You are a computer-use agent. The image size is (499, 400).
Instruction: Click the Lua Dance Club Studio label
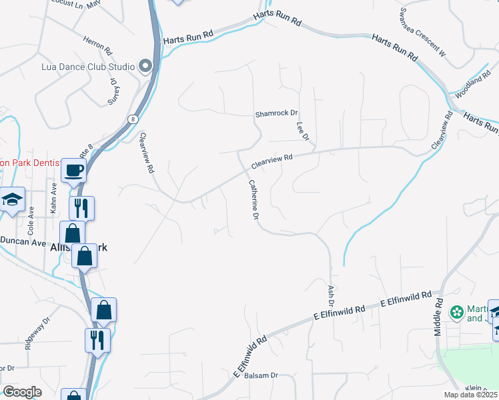pos(88,66)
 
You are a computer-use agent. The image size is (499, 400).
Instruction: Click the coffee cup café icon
pos(73,170)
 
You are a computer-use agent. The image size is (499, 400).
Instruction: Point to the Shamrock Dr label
pos(276,114)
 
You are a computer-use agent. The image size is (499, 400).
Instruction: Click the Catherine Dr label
pos(254,199)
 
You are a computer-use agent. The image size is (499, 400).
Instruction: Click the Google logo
pos(22,392)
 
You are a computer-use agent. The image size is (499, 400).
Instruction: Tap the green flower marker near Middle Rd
pos(457,311)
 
